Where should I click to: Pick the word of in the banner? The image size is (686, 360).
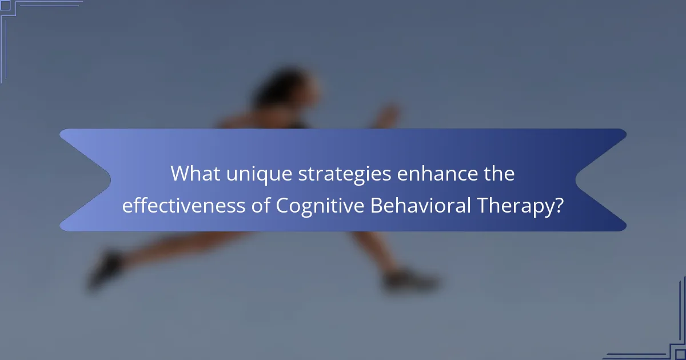[x=262, y=206]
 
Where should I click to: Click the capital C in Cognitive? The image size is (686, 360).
[x=283, y=206]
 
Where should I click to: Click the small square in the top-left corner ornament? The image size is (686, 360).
[x=5, y=5]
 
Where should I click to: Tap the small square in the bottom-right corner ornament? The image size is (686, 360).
[x=680, y=355]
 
